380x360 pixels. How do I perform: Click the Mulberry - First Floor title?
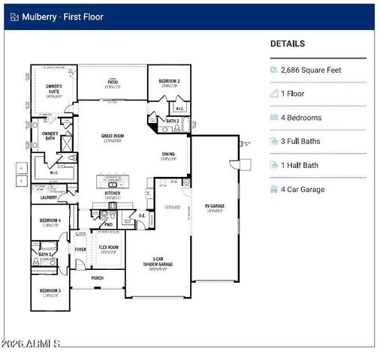coord(62,16)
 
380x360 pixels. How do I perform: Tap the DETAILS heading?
coord(288,44)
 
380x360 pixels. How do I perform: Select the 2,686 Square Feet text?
coord(311,70)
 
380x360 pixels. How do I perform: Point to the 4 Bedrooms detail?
coord(301,118)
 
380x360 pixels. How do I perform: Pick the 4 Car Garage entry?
coord(303,189)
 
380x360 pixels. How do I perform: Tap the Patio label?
coord(113,82)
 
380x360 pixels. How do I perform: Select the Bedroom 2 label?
coord(169,82)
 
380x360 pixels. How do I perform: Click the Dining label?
coord(168,154)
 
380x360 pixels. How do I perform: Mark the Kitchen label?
coord(112,193)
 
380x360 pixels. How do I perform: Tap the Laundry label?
coord(49,197)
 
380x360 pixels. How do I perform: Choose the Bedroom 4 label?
coord(50,221)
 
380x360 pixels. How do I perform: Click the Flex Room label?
coord(108,248)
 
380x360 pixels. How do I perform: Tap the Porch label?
coord(98,277)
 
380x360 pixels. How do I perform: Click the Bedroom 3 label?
coord(50,292)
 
